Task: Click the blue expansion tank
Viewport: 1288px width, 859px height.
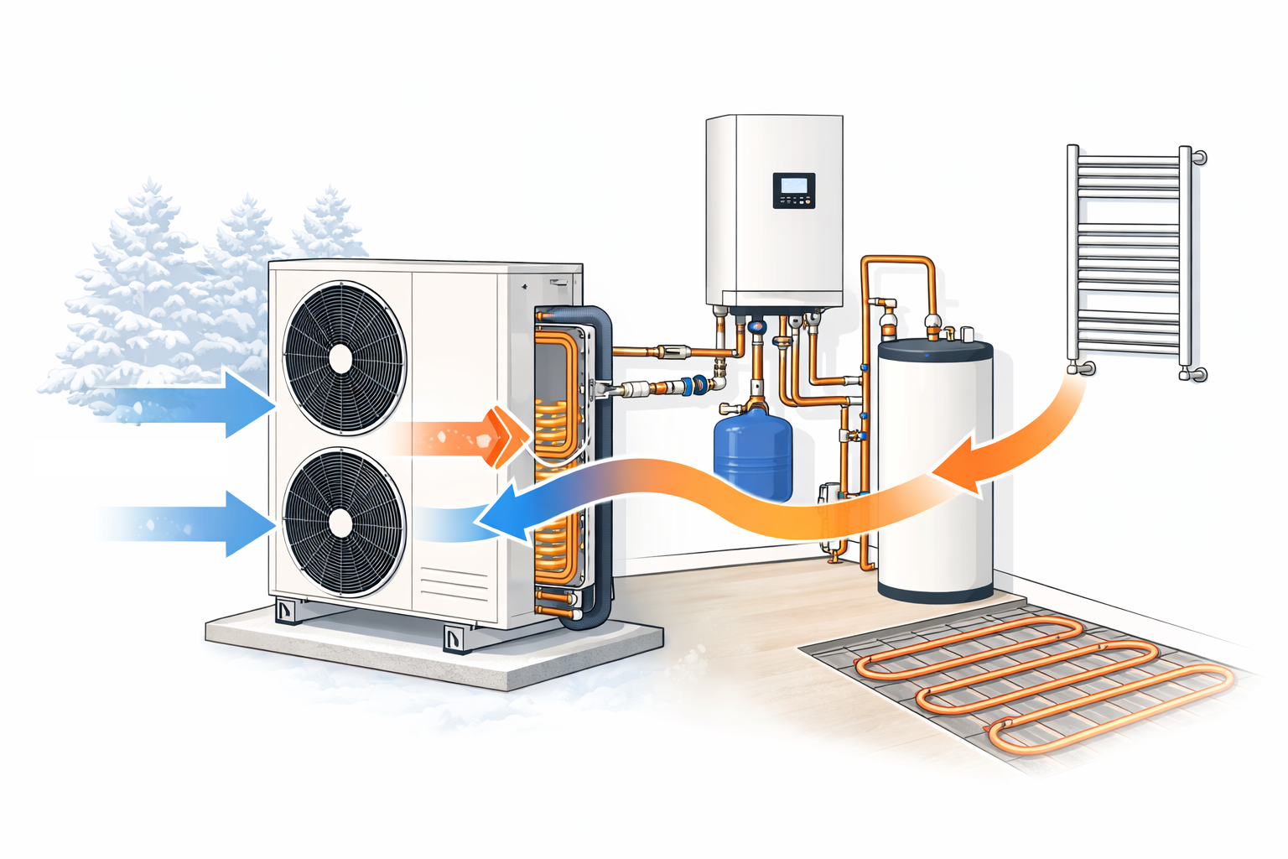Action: pos(752,453)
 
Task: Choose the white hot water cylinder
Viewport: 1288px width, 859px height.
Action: pos(935,470)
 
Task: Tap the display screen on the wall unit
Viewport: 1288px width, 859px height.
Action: pos(793,185)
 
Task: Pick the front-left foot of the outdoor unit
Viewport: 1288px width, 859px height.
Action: pos(287,612)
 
